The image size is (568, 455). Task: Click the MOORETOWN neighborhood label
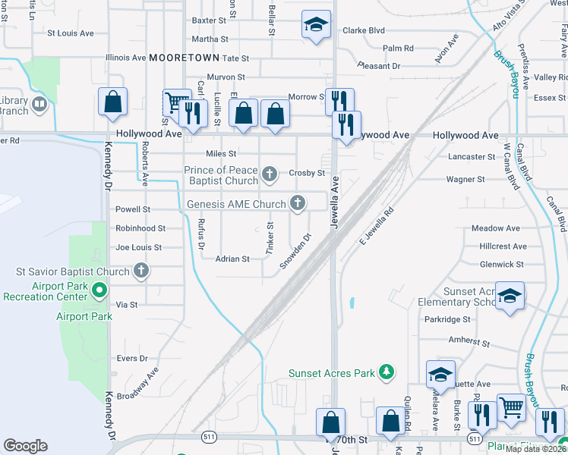click(x=184, y=58)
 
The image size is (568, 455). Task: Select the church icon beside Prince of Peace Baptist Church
click(x=269, y=176)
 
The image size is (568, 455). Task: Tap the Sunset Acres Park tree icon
click(x=387, y=372)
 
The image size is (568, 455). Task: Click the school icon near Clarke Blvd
click(x=315, y=25)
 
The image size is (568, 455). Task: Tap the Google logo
click(x=25, y=445)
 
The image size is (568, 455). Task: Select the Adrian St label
click(x=232, y=259)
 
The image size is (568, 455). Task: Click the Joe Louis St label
click(x=138, y=247)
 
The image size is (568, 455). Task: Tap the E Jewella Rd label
click(x=376, y=226)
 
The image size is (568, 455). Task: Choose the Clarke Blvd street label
click(x=364, y=31)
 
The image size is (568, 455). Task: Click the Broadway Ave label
click(x=141, y=385)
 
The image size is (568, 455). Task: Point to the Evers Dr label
click(x=131, y=359)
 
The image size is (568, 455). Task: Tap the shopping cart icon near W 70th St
click(x=511, y=407)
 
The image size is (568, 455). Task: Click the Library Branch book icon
click(x=39, y=103)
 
